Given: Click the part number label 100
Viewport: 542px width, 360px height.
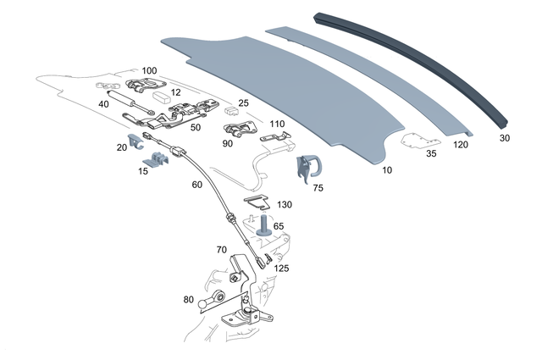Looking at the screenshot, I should pyautogui.click(x=149, y=70).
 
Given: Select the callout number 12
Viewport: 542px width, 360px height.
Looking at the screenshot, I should pyautogui.click(x=175, y=91).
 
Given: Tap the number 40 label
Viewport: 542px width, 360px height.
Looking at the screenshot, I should pyautogui.click(x=104, y=103).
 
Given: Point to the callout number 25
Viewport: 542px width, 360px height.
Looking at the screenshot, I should pyautogui.click(x=242, y=103).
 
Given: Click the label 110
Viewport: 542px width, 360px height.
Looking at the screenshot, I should pyautogui.click(x=277, y=124).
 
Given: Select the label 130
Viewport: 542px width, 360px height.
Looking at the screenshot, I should pyautogui.click(x=284, y=205).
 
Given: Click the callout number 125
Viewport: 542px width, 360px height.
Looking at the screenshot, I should pyautogui.click(x=281, y=268).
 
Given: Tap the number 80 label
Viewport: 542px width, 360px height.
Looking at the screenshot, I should pyautogui.click(x=189, y=299).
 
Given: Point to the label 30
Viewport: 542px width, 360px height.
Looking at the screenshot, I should pyautogui.click(x=504, y=137).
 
